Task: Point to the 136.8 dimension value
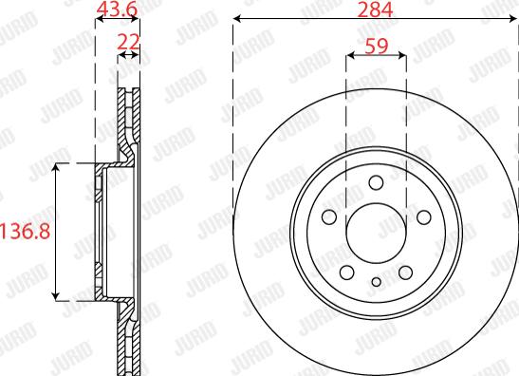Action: tap(24, 232)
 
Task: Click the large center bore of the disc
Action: tap(377, 232)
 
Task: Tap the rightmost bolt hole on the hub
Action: tap(422, 217)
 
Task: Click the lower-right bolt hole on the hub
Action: tap(405, 271)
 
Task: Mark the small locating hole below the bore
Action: tap(377, 281)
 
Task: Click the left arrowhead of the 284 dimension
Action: tap(237, 20)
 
